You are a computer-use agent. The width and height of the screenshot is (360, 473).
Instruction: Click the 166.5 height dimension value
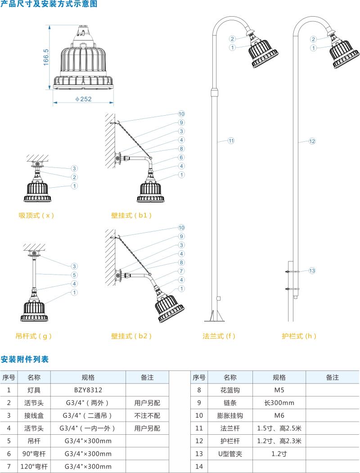46,57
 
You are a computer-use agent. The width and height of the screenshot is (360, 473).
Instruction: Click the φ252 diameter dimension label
83,99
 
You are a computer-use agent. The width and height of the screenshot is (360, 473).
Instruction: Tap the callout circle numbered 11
231,141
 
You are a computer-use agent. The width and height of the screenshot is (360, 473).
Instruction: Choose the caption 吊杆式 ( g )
31,336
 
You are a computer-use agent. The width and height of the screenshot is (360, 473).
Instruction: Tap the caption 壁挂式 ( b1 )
131,215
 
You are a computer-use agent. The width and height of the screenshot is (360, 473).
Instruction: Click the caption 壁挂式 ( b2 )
131,336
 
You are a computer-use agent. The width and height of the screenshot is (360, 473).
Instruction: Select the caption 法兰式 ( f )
219,336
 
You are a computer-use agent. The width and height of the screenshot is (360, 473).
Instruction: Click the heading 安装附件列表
25,359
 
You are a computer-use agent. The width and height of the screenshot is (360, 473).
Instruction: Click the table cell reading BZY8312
88,390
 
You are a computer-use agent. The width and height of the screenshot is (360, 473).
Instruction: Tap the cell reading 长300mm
279,403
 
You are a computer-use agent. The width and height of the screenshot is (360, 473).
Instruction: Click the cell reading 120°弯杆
34,467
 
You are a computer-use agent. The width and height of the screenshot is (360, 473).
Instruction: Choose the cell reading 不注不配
147,415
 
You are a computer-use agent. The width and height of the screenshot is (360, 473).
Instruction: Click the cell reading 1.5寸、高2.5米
279,428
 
